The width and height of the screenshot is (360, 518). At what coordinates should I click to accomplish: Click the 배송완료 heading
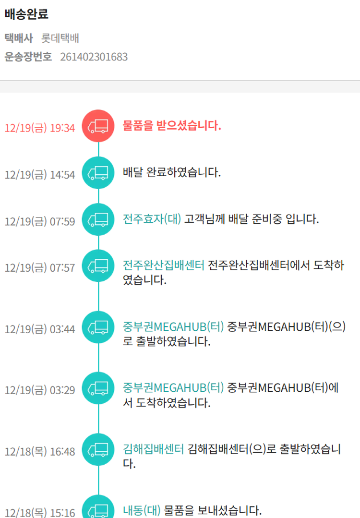coord(26,14)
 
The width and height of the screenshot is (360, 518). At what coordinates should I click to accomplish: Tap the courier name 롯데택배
coord(60,38)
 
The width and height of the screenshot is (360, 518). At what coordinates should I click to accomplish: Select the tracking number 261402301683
coord(94,57)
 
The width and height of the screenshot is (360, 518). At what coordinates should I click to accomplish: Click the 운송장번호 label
coord(28,57)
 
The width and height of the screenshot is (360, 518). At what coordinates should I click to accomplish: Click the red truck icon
coord(98,126)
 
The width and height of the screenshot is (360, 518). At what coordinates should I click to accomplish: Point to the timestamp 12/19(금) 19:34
coord(40,128)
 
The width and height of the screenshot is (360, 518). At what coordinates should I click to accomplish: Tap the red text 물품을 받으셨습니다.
coord(172,126)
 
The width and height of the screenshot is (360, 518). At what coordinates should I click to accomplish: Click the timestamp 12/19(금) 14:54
coord(40,175)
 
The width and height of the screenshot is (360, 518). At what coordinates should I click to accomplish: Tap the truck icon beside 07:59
coord(98,219)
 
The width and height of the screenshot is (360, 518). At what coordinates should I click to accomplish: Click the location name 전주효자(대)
coord(152,219)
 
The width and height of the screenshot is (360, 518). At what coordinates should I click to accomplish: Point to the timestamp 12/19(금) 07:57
coord(40,268)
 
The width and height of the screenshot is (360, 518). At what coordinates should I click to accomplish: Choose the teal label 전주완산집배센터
coord(164,265)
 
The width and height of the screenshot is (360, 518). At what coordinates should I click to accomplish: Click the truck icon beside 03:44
coord(98,327)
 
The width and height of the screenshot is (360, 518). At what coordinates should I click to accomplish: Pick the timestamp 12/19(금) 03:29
coord(40,390)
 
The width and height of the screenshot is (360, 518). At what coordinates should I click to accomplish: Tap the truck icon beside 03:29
coord(98,388)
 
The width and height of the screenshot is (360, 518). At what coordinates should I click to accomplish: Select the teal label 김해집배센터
coord(153,449)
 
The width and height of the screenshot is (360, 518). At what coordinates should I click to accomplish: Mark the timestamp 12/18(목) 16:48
coord(40,452)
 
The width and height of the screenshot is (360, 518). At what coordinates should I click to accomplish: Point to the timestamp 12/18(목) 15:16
coord(40,513)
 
